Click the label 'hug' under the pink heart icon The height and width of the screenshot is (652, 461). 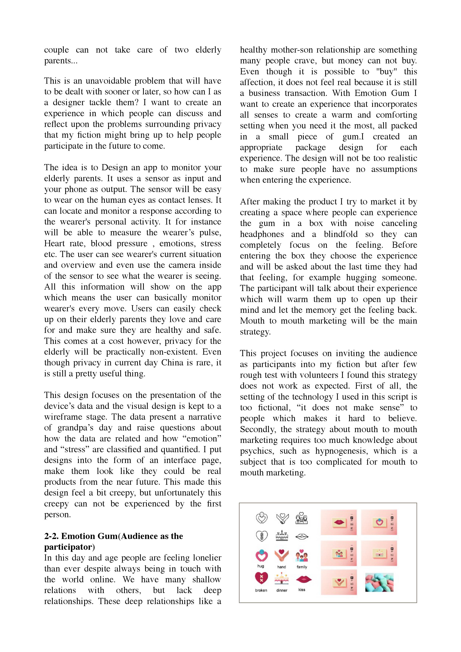(x=261, y=566)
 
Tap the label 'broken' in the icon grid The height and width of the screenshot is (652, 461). (x=261, y=590)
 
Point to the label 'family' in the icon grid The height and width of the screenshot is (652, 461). (x=302, y=567)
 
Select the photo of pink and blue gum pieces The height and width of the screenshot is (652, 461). (x=379, y=583)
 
